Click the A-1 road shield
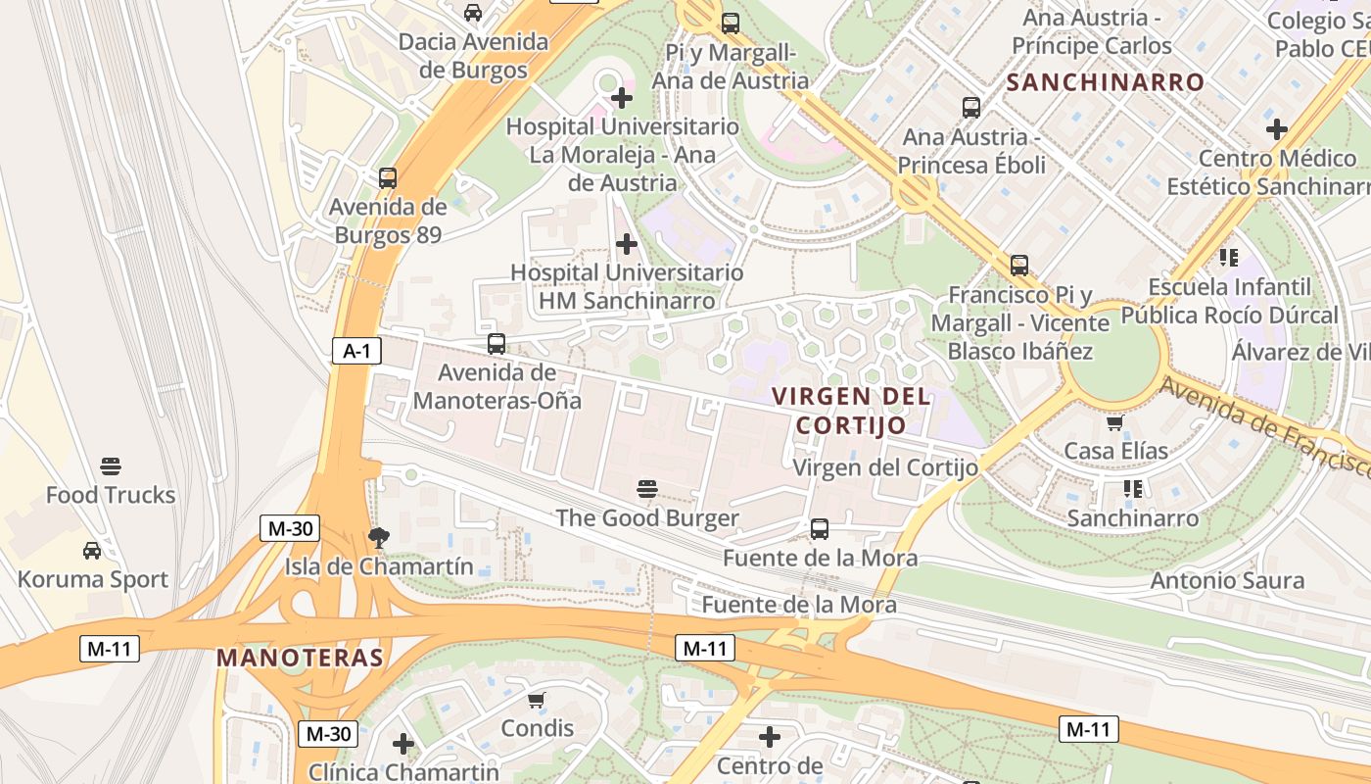[355, 352]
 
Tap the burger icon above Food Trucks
[111, 465]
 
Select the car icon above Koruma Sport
[92, 550]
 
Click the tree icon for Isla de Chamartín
[378, 537]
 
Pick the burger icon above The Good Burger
[646, 488]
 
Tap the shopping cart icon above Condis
[536, 700]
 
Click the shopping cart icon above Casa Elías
[1114, 422]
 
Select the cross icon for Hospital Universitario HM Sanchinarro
[627, 243]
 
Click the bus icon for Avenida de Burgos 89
[388, 178]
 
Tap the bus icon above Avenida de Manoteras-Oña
[496, 344]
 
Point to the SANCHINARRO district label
[1105, 83]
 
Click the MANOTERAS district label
[300, 658]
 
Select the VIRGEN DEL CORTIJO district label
[850, 411]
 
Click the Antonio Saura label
[1227, 581]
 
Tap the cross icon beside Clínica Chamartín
[403, 744]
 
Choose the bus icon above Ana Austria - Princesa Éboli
[971, 108]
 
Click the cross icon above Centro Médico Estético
[1276, 128]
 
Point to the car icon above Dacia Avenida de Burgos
[473, 13]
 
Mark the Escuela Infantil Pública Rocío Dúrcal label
[1229, 301]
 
